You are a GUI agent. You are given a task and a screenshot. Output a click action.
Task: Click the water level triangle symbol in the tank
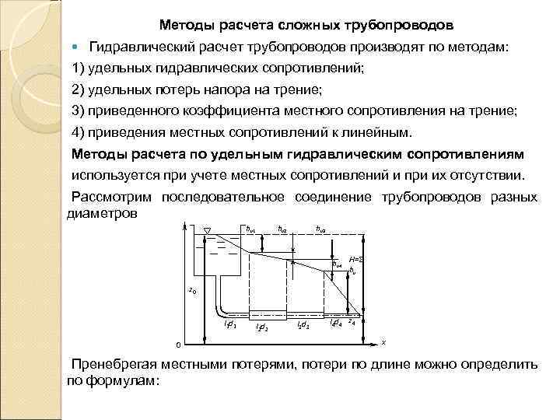208,230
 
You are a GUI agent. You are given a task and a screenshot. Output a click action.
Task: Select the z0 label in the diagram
192,291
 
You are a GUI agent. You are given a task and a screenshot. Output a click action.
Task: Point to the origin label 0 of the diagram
177,345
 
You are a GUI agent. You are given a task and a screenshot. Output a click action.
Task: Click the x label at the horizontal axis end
383,341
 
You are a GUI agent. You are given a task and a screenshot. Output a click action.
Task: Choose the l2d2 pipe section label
262,327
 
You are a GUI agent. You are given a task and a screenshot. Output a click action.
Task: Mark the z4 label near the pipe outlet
352,320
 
